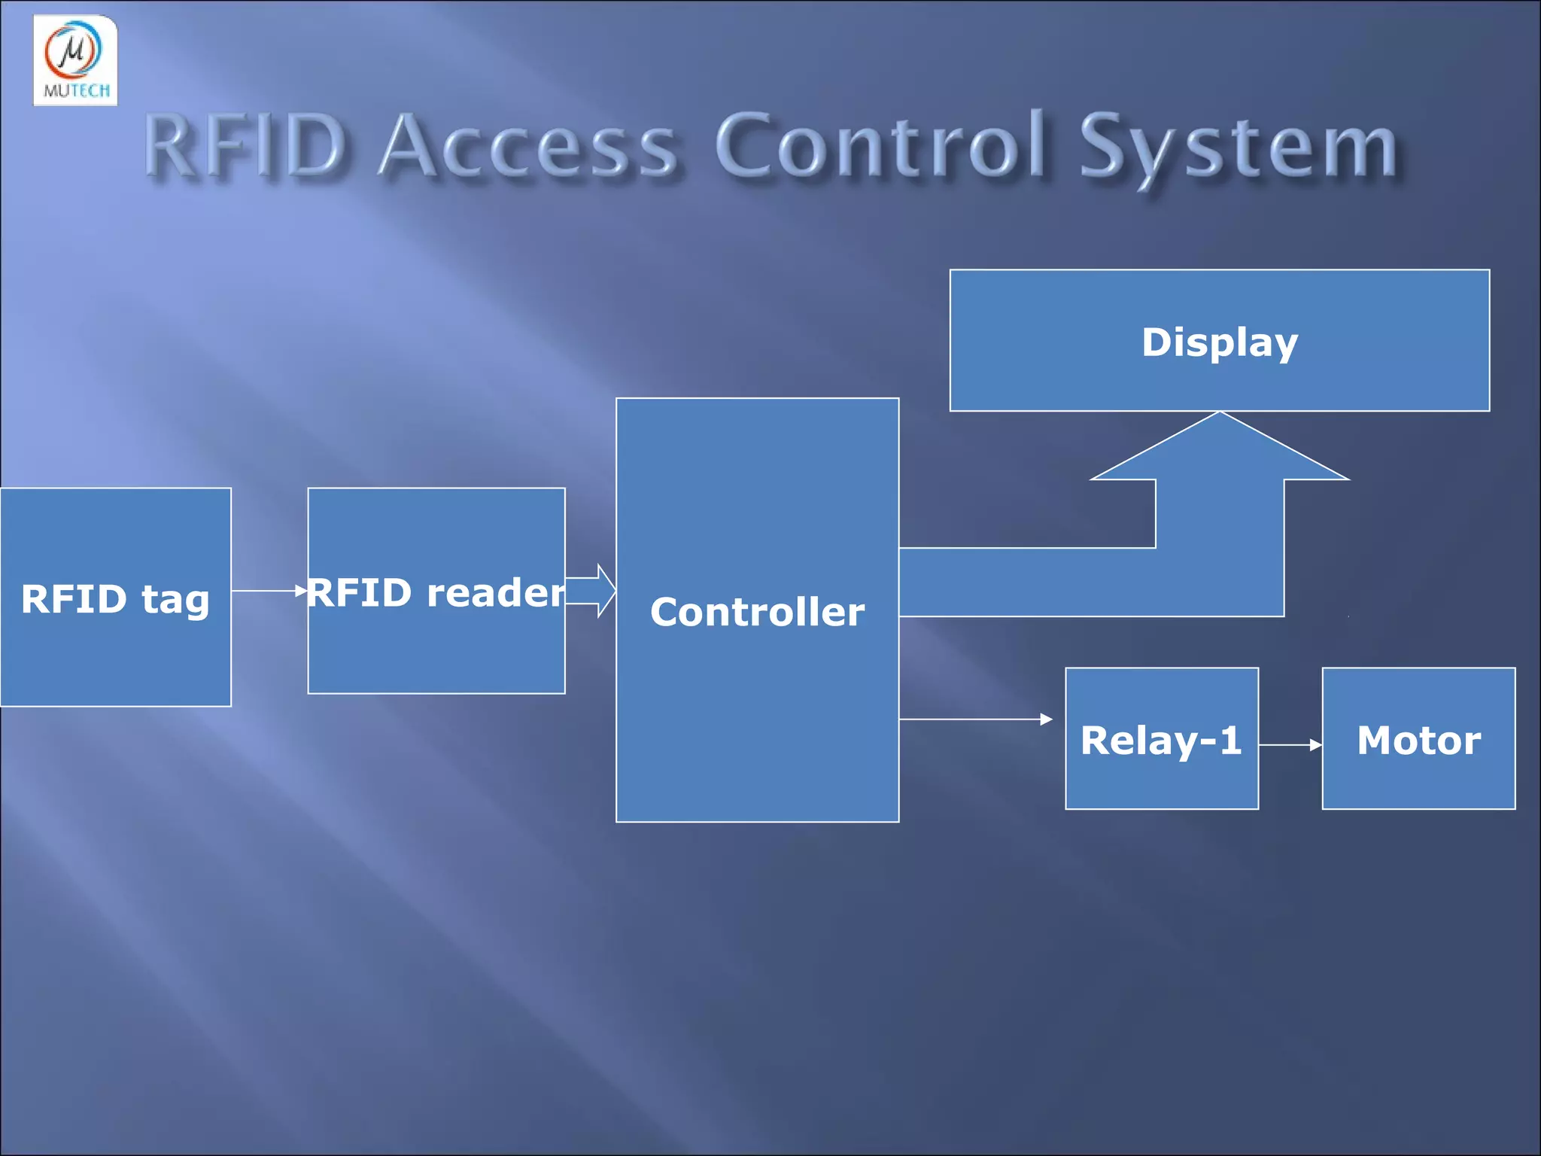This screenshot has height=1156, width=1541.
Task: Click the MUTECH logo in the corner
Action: click(75, 60)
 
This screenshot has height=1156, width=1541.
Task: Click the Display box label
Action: click(1220, 342)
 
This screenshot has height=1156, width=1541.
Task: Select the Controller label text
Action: click(757, 612)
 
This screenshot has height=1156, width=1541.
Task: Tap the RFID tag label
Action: click(115, 600)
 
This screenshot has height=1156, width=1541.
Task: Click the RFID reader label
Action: click(436, 592)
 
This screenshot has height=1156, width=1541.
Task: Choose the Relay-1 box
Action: click(1161, 739)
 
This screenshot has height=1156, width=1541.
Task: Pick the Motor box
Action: click(1418, 739)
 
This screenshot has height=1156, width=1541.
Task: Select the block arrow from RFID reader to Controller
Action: click(591, 591)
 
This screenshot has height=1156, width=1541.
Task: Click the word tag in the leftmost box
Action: click(175, 601)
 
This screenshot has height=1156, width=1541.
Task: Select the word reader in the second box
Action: click(495, 592)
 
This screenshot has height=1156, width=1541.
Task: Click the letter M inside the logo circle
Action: click(73, 50)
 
